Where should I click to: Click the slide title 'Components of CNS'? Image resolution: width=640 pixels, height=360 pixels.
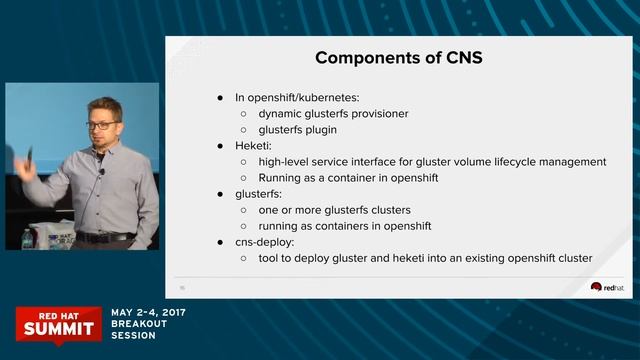click(399, 57)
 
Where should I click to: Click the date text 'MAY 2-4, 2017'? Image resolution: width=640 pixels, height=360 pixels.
click(148, 312)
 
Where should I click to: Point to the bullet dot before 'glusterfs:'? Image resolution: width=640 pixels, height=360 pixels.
click(221, 194)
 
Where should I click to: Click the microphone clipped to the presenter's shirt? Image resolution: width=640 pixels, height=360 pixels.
click(101, 172)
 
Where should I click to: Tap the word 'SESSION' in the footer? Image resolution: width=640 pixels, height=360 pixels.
click(134, 336)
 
